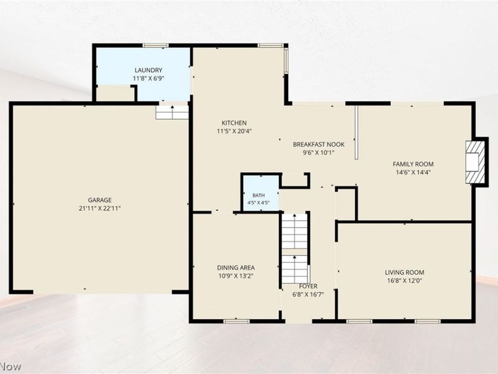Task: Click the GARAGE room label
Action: coord(100,200)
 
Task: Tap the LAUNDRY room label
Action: coord(148,70)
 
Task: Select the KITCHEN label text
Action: coord(234,123)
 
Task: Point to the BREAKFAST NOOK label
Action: coord(319,145)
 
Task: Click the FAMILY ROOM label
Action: coord(413,164)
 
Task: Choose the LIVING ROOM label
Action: coord(405,272)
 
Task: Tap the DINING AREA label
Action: coord(236,268)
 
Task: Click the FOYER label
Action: coord(308,286)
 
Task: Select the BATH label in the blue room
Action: coord(258,195)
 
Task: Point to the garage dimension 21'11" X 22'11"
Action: coord(100,209)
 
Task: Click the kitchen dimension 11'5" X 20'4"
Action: coord(234,131)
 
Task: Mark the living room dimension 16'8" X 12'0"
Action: coord(405,281)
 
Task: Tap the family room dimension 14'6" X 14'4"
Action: coord(413,173)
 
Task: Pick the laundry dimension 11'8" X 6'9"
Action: coord(148,79)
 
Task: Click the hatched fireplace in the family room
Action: coord(476,162)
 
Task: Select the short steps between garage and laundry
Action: coord(172,112)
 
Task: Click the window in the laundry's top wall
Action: coord(156,46)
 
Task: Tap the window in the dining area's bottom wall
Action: coord(237,322)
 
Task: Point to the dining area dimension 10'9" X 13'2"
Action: coord(236,276)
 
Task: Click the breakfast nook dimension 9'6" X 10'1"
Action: coord(319,153)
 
